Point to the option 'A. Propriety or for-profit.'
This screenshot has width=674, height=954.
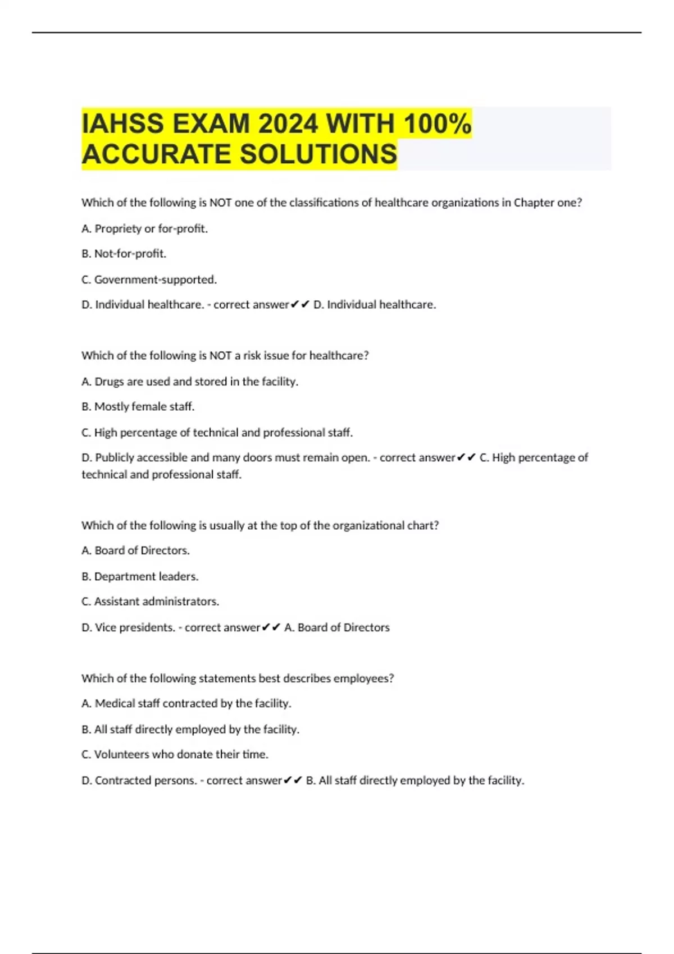[145, 228]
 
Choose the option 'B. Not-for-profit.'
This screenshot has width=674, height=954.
[124, 254]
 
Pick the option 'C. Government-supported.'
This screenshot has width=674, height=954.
[149, 279]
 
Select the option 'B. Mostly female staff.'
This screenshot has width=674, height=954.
[138, 406]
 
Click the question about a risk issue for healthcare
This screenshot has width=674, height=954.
[225, 355]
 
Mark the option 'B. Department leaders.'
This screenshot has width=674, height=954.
[140, 576]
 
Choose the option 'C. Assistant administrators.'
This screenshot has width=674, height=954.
[151, 602]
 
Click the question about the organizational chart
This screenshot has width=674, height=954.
[260, 525]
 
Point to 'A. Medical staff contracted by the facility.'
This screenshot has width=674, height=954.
[186, 703]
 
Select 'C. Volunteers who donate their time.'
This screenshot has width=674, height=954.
[175, 754]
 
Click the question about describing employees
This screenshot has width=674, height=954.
[238, 678]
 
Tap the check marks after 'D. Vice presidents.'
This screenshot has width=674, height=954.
[271, 627]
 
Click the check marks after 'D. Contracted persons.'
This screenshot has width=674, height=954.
[293, 780]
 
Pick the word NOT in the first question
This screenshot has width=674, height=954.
[221, 203]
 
